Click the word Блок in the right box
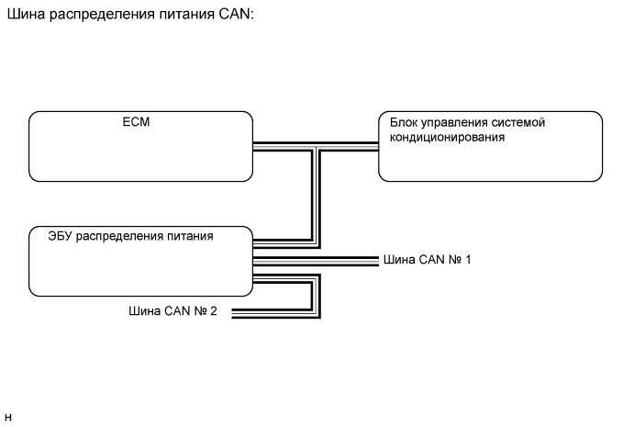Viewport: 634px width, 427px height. (x=405, y=122)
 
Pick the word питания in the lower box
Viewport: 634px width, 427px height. (x=189, y=236)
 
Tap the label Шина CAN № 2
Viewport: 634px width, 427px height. (x=172, y=311)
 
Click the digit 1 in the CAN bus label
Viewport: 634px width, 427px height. (x=468, y=260)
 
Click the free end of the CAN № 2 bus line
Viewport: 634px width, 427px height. (x=235, y=312)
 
